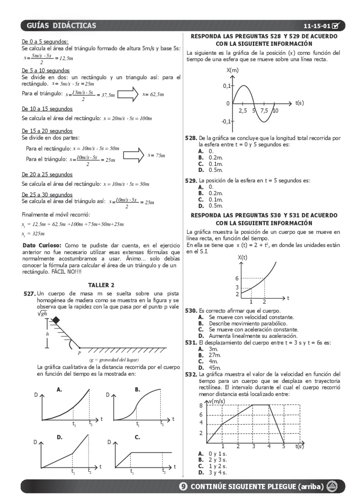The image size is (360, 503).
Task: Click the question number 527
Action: pos(30,294)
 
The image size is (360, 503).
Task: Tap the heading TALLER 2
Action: pos(101,285)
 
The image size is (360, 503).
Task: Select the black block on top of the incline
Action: pos(55,320)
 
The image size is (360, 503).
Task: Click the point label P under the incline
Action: pos(79,353)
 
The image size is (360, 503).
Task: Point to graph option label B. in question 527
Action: pos(137,389)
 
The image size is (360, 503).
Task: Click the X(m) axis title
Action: pos(232,70)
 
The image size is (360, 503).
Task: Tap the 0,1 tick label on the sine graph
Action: pos(226,85)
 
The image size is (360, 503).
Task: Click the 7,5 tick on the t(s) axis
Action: pos(264,111)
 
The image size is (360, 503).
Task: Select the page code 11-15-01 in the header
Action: pos(317,26)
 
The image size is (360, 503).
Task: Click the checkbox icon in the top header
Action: pos(335,25)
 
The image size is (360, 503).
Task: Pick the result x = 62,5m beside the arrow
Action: pos(153,94)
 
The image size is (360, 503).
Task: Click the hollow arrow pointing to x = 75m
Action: pos(134,155)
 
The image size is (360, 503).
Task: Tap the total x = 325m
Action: pos(33,234)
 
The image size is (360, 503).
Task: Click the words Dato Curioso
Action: pos(42,245)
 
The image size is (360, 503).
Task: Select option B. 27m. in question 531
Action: pos(210,355)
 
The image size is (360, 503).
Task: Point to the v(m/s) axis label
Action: pos(217,401)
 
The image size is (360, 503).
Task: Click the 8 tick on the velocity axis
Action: pos(201,406)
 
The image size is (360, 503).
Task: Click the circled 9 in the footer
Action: pos(183,486)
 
